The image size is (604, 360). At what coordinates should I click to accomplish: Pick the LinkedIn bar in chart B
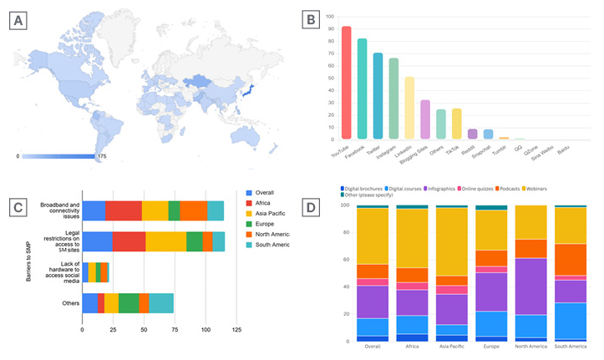(409, 108)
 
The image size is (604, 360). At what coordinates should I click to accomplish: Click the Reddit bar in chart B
(472, 134)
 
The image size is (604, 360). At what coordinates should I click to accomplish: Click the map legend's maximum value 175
(103, 156)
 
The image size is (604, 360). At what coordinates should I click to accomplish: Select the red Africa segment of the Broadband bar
(124, 210)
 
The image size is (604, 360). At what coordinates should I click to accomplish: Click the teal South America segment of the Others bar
(161, 302)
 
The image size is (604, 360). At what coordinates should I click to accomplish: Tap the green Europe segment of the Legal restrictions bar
(195, 241)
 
